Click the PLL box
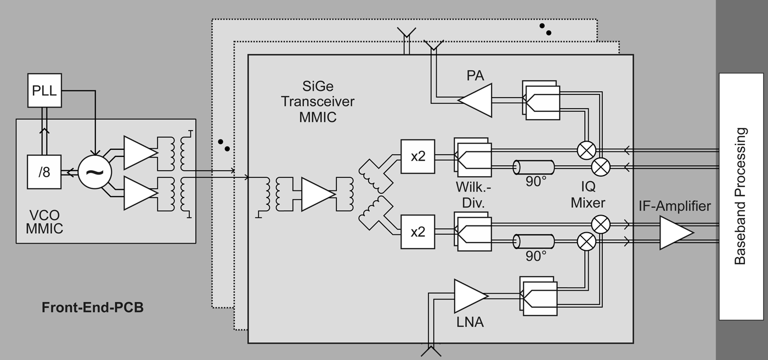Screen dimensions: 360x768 [x=44, y=91]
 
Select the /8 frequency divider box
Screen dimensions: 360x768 [x=44, y=172]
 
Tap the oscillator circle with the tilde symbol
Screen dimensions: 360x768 [x=94, y=172]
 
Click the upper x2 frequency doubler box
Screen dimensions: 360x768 [x=417, y=156]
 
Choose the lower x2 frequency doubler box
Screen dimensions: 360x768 [x=417, y=232]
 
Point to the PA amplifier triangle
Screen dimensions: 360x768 [x=475, y=100]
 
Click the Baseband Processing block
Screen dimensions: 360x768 [x=741, y=196]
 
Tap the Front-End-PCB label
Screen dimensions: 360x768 [x=93, y=307]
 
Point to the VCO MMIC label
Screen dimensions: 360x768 [x=44, y=222]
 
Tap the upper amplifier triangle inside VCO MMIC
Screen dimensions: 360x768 [x=139, y=152]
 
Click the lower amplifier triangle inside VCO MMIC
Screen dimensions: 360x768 [x=139, y=193]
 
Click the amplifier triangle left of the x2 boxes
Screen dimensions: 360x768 [x=317, y=194]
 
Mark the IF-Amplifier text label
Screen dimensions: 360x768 [x=674, y=206]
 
